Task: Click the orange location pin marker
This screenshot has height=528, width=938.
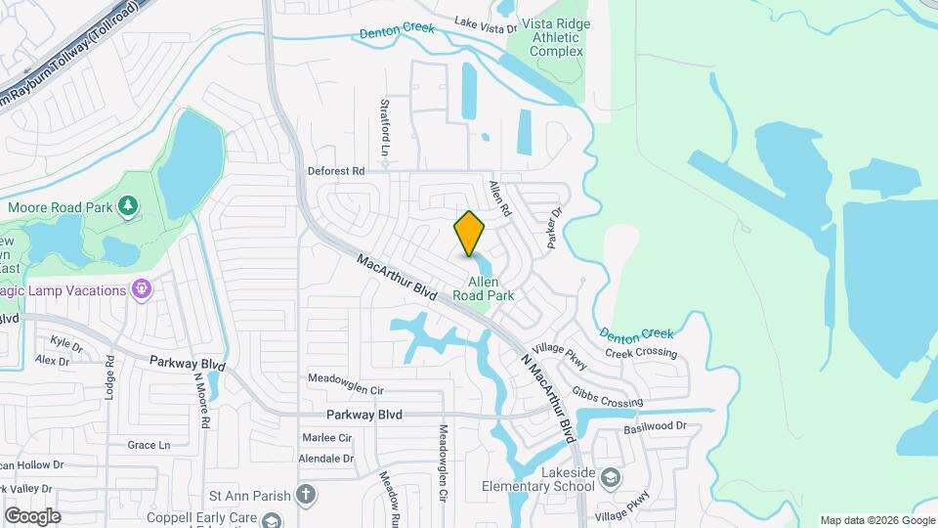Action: click(x=470, y=234)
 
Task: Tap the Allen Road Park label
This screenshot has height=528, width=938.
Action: click(x=484, y=287)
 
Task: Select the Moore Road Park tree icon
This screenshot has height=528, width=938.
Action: click(x=126, y=204)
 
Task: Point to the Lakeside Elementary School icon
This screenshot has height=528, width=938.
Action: click(x=611, y=477)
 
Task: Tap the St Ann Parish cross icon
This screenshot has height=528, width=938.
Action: click(x=306, y=495)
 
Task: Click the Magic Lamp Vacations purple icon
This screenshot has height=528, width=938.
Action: click(x=142, y=290)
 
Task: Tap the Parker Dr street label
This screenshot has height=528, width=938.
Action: click(x=557, y=227)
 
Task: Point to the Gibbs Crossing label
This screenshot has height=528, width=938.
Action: click(x=608, y=397)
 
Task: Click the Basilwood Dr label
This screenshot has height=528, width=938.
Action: click(x=656, y=426)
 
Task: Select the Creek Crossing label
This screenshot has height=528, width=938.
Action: click(x=641, y=353)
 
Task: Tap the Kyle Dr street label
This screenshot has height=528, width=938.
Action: click(x=66, y=344)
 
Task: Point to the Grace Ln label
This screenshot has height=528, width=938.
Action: click(x=149, y=445)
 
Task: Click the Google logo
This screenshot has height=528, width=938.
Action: click(x=32, y=515)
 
